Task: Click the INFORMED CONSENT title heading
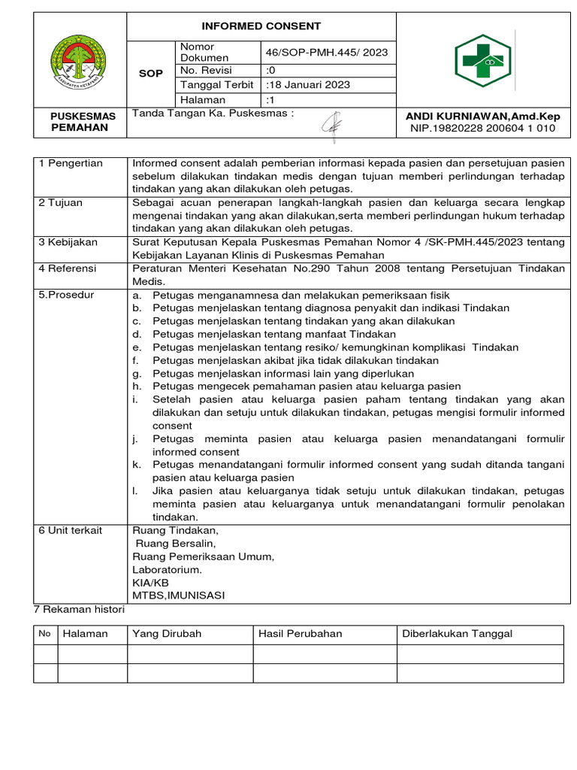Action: click(261, 26)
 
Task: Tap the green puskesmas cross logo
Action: click(482, 61)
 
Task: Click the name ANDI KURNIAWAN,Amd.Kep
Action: click(482, 117)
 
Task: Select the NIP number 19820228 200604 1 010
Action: click(482, 129)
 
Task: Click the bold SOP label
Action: click(151, 74)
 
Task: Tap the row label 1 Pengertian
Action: click(71, 163)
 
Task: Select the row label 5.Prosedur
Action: click(67, 295)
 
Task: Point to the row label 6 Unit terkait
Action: click(71, 530)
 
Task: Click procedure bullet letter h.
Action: click(136, 387)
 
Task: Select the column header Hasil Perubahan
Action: click(300, 634)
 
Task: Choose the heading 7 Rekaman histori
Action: click(80, 610)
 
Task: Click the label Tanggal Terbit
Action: click(217, 85)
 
